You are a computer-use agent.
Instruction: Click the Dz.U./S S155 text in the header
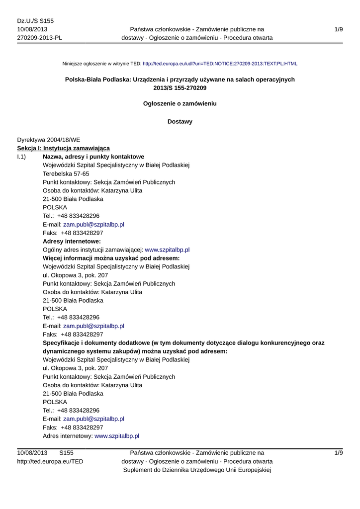coord(35,21)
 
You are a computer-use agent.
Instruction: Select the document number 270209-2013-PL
coord(40,38)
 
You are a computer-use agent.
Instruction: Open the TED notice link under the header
coord(220,64)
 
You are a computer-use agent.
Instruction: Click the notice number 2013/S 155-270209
coord(180,88)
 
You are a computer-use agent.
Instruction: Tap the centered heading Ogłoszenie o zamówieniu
coord(180,104)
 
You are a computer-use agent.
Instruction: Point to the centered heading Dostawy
coord(180,122)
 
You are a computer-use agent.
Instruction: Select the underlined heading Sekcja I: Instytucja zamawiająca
coord(63,148)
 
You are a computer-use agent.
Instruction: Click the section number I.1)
coord(23,157)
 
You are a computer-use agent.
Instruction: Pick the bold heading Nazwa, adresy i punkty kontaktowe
coord(93,157)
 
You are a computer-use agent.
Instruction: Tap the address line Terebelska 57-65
coord(66,174)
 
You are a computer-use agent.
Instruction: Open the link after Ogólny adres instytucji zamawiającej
coord(167,250)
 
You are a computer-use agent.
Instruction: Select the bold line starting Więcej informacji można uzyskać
coord(111,258)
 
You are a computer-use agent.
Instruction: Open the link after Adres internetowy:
coord(117,436)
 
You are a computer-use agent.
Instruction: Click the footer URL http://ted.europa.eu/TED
coord(50,461)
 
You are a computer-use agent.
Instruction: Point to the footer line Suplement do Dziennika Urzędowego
coord(196,470)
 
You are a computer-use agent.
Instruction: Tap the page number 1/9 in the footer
coord(339,453)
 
